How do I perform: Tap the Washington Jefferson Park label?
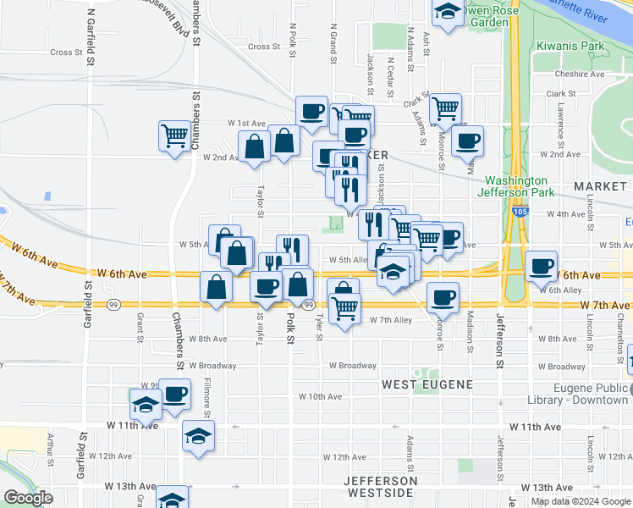pyautogui.click(x=519, y=187)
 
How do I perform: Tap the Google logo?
pyautogui.click(x=28, y=498)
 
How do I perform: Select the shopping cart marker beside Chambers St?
pyautogui.click(x=174, y=135)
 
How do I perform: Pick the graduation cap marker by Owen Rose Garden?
pyautogui.click(x=447, y=13)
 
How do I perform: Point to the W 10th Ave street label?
pyautogui.click(x=320, y=396)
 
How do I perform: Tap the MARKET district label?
pyautogui.click(x=598, y=185)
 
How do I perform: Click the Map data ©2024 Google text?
pyautogui.click(x=580, y=501)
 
